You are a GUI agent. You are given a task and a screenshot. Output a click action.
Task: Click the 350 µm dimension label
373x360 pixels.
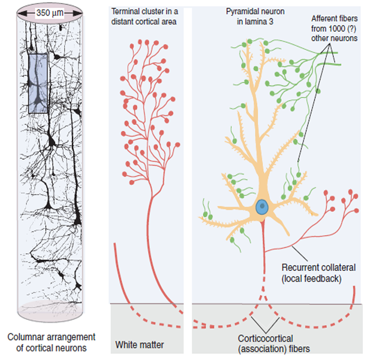point(49,13)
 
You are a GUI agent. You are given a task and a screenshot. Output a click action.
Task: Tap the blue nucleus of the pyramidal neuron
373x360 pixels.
point(262,207)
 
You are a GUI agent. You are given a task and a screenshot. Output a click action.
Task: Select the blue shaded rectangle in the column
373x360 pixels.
point(38,83)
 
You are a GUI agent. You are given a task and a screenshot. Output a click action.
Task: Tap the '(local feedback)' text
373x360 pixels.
point(311,278)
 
